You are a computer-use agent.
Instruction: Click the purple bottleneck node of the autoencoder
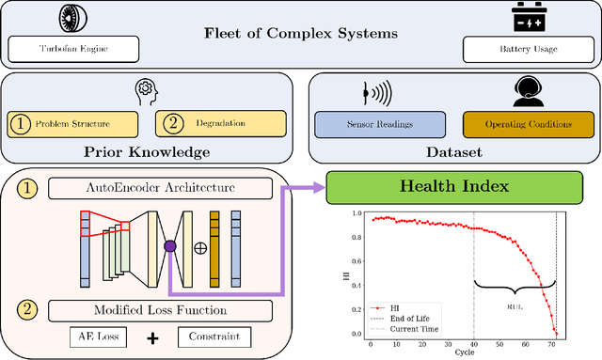click(169, 247)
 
